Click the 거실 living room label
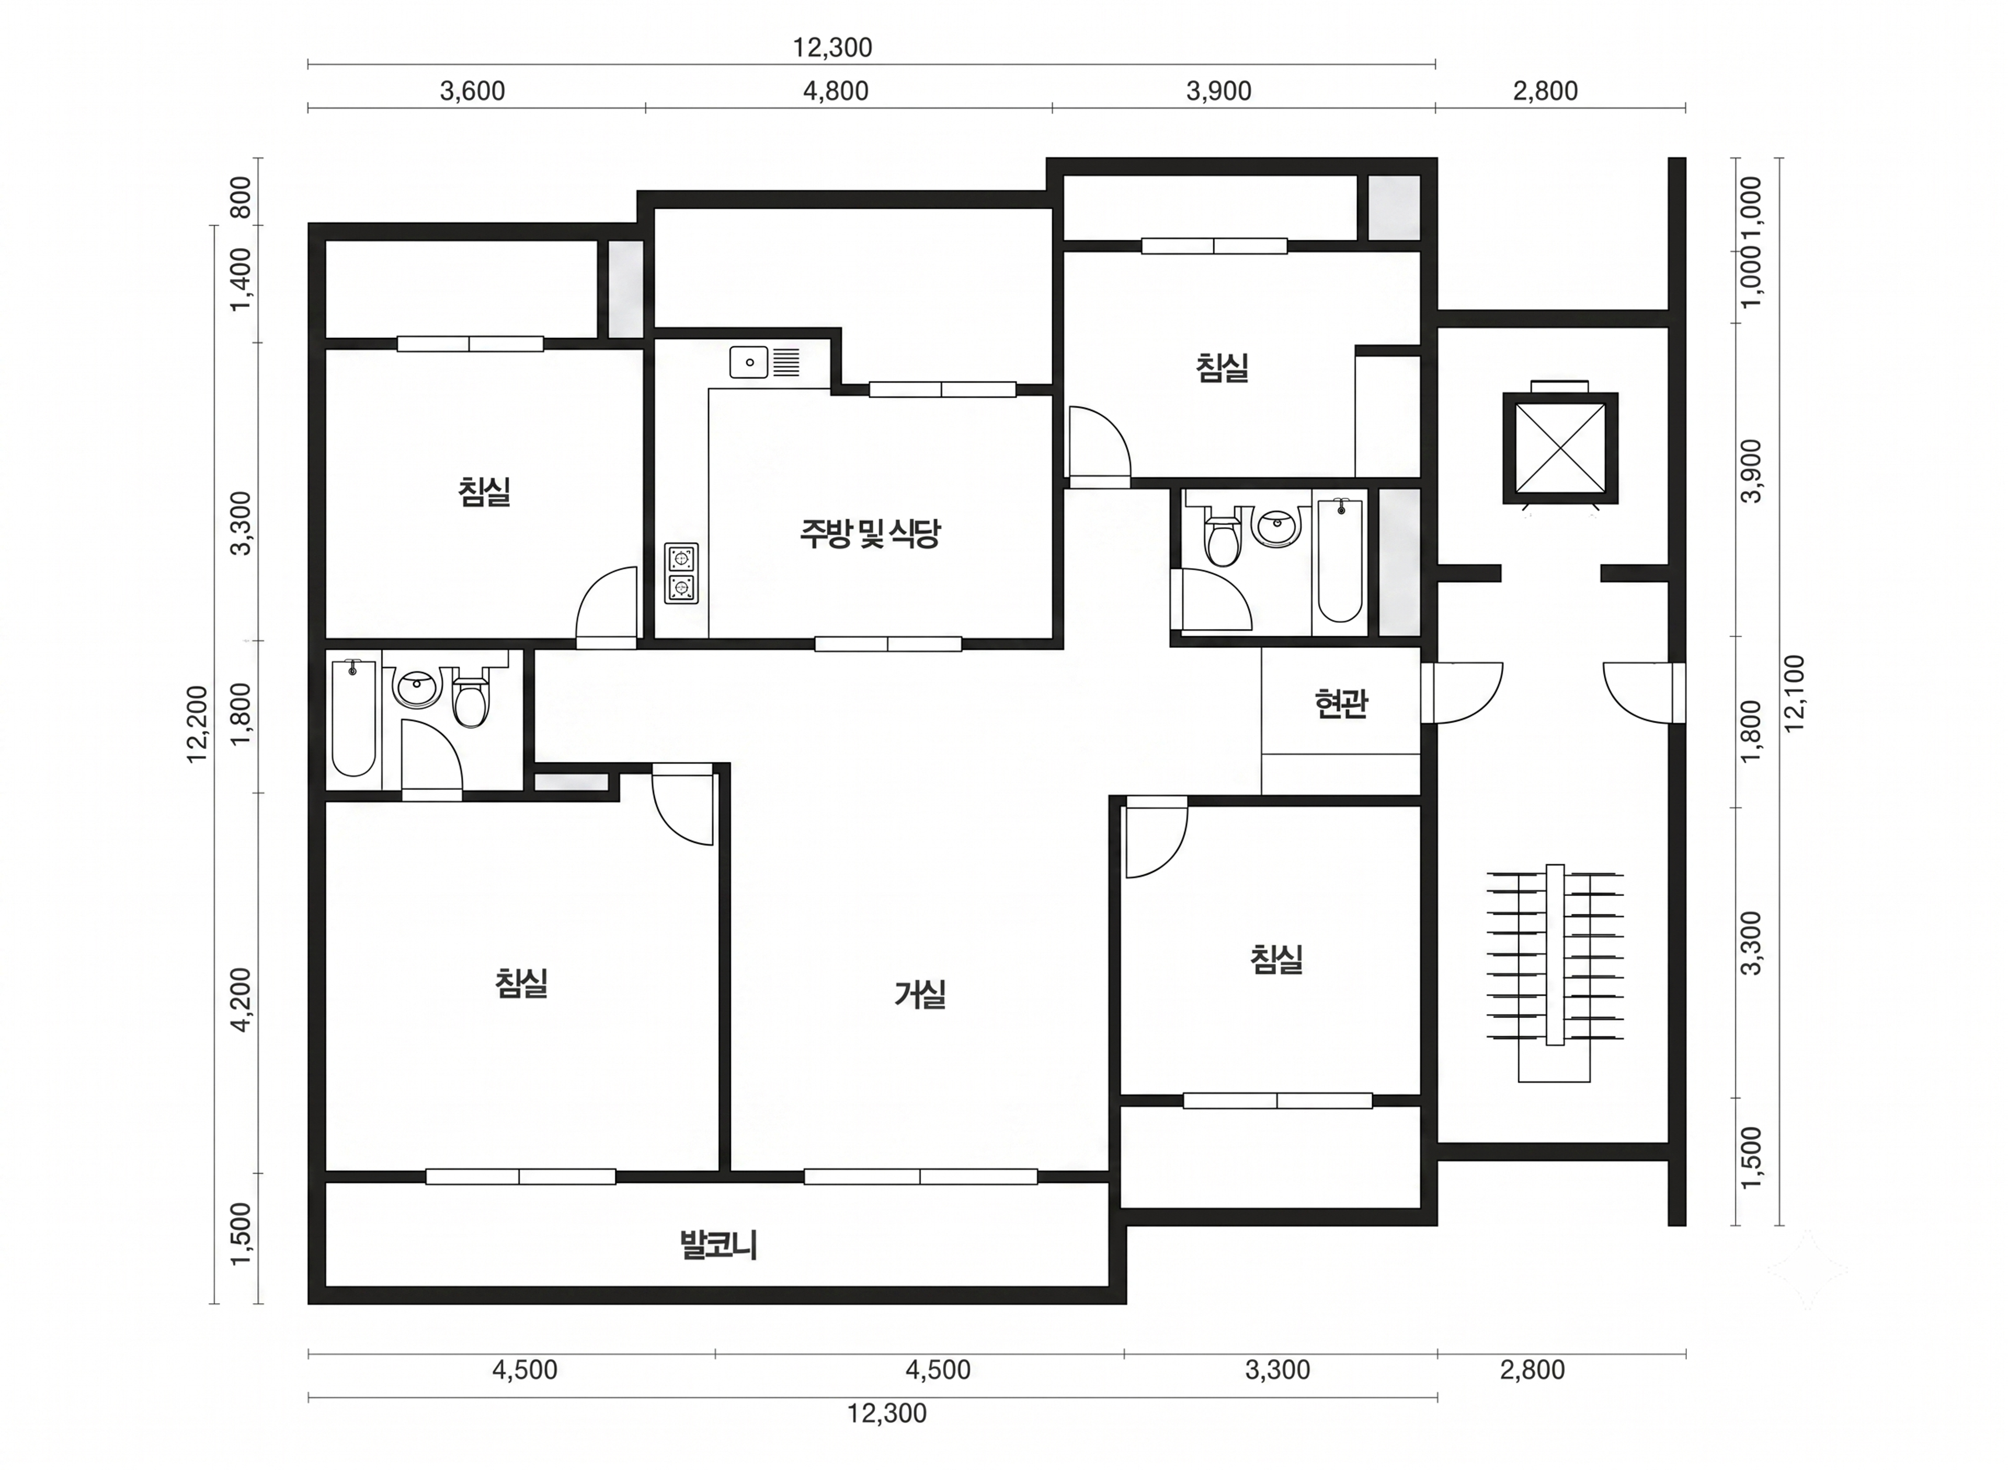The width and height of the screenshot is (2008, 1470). coord(920,994)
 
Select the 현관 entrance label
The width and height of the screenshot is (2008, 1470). coord(1341,704)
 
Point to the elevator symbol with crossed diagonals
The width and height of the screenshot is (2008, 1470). coord(1560,448)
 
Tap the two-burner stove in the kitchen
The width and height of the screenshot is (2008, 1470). coord(681,573)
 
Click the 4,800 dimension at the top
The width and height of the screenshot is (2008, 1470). coord(836,91)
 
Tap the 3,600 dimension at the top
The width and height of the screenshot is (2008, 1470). coord(472,91)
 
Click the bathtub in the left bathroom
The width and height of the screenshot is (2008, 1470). coord(353,716)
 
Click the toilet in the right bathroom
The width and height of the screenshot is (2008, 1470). coord(1223,537)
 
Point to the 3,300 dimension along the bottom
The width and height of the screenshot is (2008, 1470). coord(1277,1370)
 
